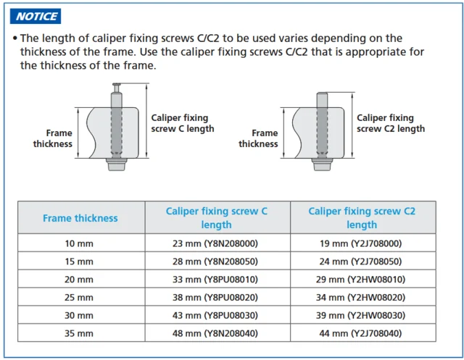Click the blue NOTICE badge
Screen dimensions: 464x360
[36, 16]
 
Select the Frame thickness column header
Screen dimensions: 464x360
[80, 218]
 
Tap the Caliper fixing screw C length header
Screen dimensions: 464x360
[216, 218]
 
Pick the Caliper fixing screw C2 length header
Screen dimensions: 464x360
[362, 218]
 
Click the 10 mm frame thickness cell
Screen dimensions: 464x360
[79, 243]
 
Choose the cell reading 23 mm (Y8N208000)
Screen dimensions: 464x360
[215, 243]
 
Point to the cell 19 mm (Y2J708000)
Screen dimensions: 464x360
[361, 243]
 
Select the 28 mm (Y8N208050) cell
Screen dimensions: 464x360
[215, 261]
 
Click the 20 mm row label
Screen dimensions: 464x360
[79, 280]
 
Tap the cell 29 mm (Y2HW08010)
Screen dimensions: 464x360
[361, 280]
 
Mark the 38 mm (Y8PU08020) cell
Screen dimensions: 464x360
[215, 297]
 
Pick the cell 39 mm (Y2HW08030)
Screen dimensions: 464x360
[361, 315]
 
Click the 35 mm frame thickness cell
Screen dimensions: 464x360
[79, 333]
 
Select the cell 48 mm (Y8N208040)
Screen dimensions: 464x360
[215, 333]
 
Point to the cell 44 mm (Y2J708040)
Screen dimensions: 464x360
[361, 333]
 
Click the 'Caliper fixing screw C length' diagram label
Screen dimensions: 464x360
[183, 123]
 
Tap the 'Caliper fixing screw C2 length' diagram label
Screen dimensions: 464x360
[391, 123]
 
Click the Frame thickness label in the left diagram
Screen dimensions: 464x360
[53, 138]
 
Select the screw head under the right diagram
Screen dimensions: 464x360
[322, 164]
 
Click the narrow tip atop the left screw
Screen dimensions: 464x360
[117, 88]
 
